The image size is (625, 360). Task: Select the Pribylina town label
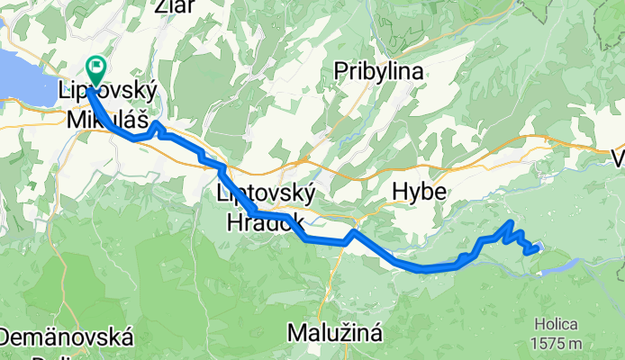click(x=374, y=70)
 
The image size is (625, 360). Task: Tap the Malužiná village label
click(x=335, y=333)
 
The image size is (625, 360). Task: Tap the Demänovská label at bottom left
click(x=68, y=339)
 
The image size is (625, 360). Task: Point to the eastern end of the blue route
click(x=538, y=248)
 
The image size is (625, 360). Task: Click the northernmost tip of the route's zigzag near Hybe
click(x=511, y=221)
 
